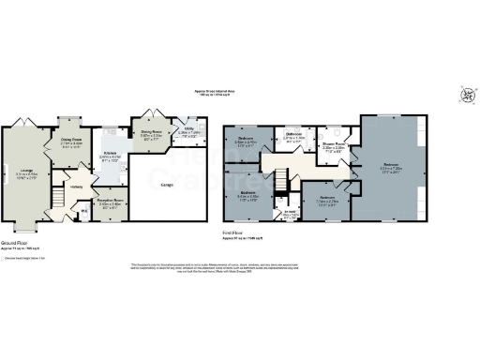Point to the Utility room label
click(x=188, y=130)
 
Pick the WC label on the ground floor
click(x=85, y=211)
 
